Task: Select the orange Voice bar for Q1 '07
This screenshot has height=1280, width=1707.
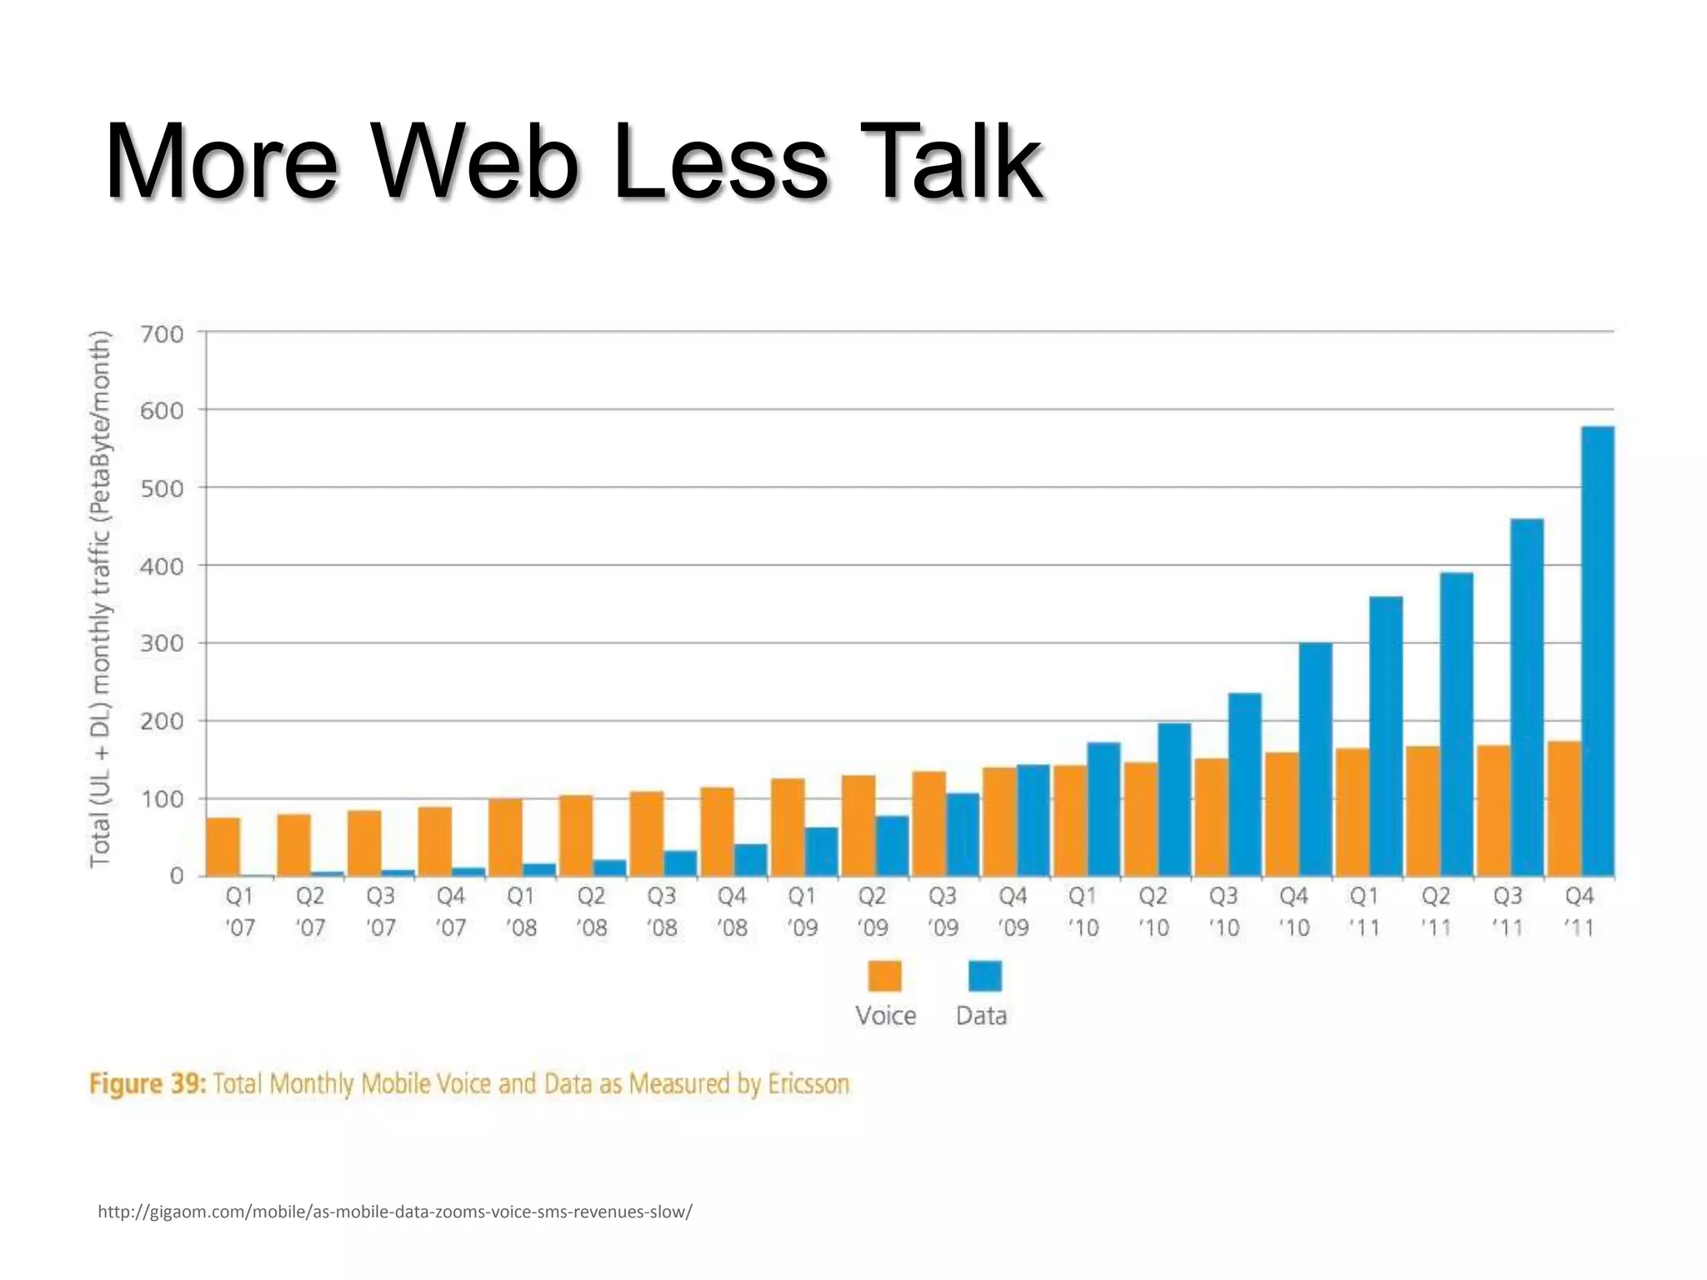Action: coord(223,847)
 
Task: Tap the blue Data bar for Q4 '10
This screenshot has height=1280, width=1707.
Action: coord(1316,759)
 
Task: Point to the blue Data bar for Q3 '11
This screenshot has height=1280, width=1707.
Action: coord(1527,697)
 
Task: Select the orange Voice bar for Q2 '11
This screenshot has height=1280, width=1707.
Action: coord(1423,811)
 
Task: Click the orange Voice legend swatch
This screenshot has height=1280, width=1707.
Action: coord(884,976)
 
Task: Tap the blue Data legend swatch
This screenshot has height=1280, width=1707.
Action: coord(984,976)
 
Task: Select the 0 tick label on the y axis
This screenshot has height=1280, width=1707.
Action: coord(177,876)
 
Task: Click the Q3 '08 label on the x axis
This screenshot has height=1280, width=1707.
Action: coord(662,912)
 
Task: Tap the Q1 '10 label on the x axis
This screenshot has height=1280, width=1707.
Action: coord(1083,912)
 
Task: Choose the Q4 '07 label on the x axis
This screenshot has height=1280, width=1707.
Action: coord(451,912)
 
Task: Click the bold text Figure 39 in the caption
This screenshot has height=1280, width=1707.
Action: coord(147,1084)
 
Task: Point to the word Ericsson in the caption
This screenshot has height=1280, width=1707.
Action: coord(808,1084)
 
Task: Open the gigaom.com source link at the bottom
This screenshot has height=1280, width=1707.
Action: coord(394,1212)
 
